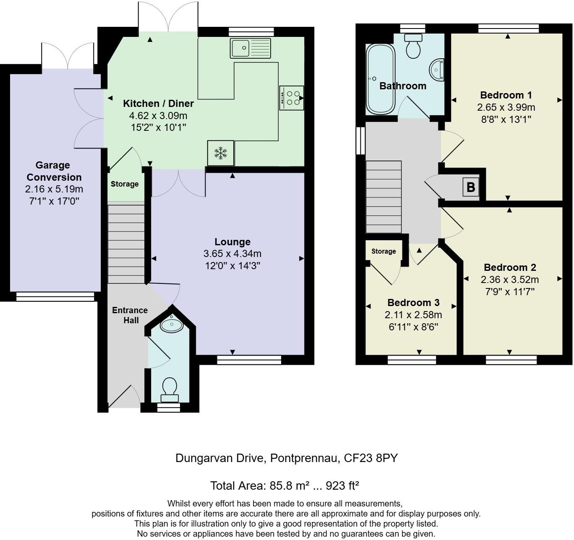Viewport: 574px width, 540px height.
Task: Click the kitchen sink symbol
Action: (250, 48)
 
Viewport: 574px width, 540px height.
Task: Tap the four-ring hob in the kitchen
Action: (291, 98)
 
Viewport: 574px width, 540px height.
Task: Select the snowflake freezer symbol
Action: (220, 153)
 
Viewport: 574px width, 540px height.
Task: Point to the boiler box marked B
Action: (471, 187)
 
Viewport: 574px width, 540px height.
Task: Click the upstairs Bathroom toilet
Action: (413, 47)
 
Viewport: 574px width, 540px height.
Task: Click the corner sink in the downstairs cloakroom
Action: (172, 323)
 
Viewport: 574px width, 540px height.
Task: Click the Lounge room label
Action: (232, 242)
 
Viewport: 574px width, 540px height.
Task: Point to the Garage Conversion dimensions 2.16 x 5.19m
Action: (54, 190)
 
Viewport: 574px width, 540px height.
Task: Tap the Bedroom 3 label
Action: (413, 303)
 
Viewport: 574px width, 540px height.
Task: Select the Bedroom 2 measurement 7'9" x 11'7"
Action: (510, 291)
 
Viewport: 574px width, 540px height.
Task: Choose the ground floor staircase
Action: (126, 243)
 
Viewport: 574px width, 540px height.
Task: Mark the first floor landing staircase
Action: (384, 196)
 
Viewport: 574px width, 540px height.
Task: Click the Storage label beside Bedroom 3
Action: (384, 251)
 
